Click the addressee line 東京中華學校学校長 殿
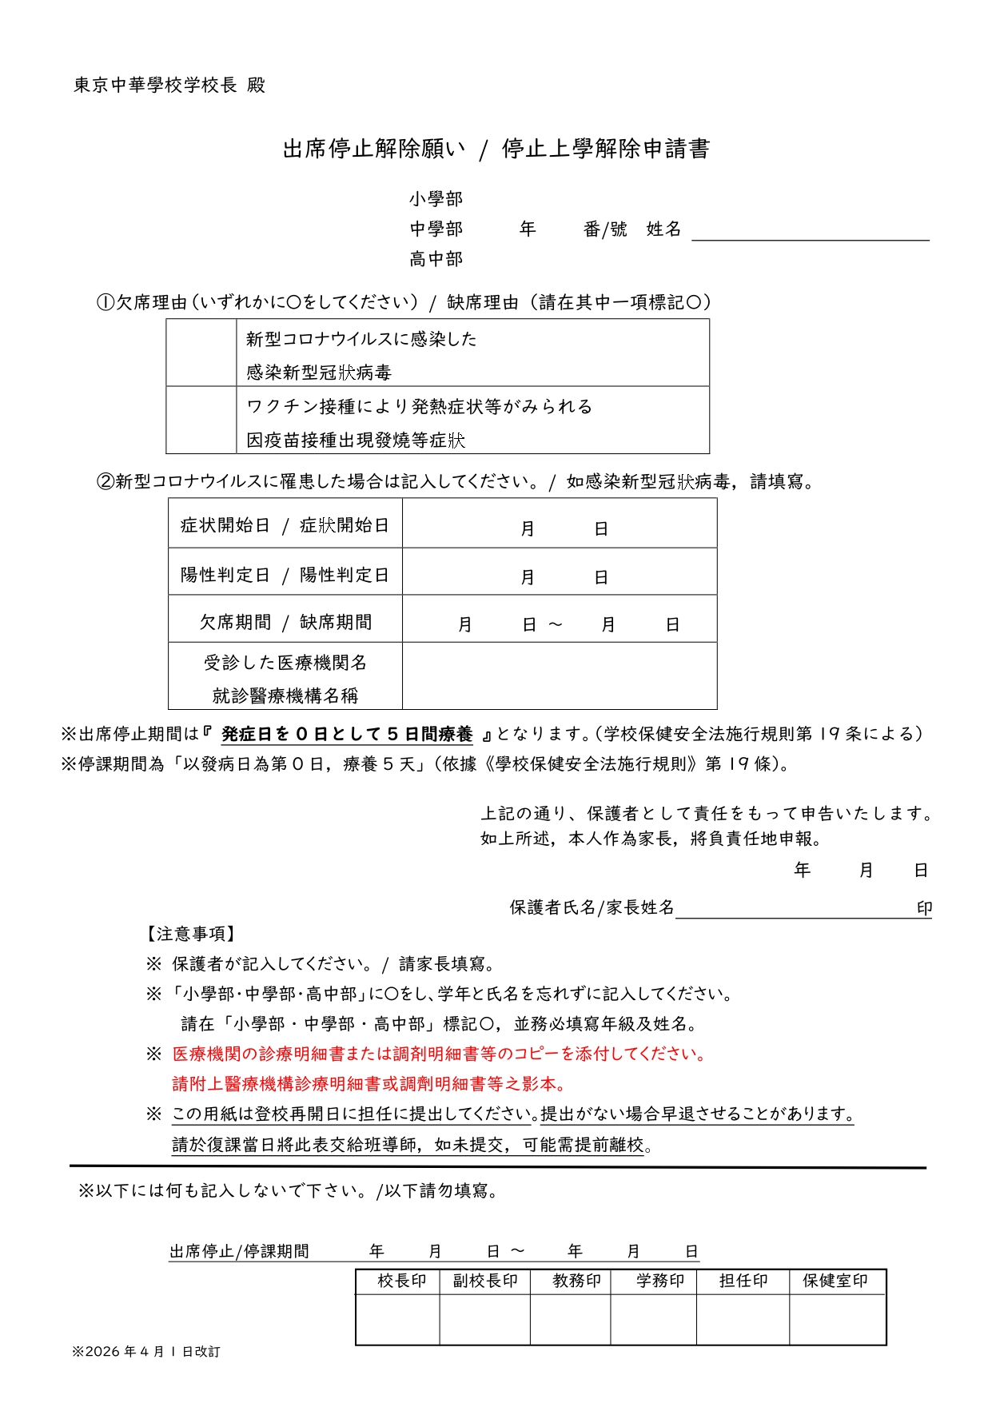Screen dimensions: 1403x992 169,86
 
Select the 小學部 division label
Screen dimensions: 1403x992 436,199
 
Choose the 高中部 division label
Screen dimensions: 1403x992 436,259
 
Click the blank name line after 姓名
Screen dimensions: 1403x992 810,231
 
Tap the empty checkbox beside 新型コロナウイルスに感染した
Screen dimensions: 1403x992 201,353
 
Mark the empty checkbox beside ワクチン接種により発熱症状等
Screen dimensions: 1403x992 201,421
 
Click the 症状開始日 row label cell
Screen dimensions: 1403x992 285,525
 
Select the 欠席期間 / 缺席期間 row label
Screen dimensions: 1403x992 285,622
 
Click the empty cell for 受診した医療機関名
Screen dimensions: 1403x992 560,677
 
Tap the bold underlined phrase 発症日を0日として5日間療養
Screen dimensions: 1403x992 347,735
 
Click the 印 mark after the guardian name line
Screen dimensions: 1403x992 924,909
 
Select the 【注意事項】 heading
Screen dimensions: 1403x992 189,934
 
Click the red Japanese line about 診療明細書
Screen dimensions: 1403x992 440,1054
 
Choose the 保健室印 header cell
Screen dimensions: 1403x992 835,1281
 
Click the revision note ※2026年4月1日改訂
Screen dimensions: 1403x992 146,1352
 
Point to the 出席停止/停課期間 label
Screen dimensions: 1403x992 239,1252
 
